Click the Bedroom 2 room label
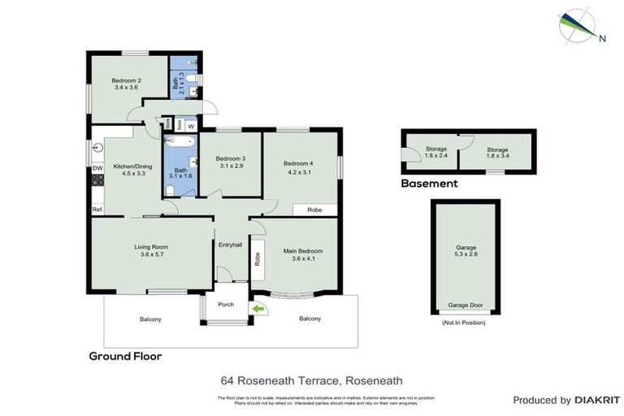pos(127,80)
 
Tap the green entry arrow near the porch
pos(258,309)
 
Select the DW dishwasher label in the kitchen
pos(97,168)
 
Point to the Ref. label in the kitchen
pos(97,210)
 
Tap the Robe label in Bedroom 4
pos(314,210)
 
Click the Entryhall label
pos(231,245)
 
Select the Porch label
pos(225,305)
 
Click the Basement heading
pos(429,184)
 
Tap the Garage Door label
pos(466,305)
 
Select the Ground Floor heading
pos(125,356)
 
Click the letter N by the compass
pos(602,37)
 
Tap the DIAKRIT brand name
pos(597,401)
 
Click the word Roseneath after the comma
pos(374,379)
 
